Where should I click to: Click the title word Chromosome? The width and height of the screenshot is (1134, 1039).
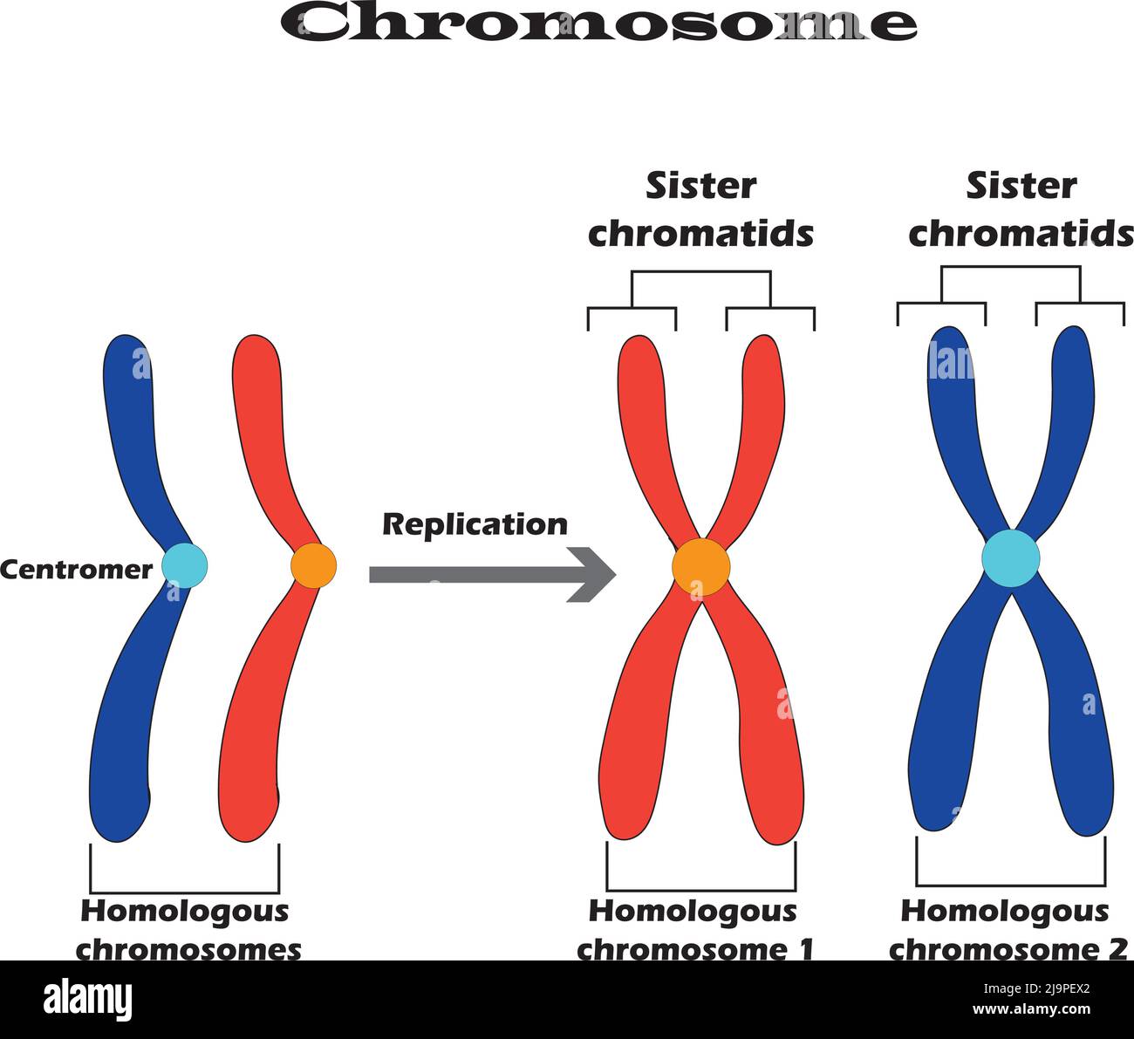[x=598, y=23]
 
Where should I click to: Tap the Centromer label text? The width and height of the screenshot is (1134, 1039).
[x=76, y=570]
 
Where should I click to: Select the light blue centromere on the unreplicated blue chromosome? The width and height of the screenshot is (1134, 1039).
[x=185, y=565]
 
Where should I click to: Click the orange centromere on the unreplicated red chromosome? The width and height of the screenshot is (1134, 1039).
[x=313, y=565]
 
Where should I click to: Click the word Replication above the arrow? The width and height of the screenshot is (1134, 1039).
[x=475, y=524]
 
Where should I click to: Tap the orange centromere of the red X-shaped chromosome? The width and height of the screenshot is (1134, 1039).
[x=700, y=567]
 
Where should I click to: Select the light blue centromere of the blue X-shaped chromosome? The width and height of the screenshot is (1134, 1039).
[x=1011, y=558]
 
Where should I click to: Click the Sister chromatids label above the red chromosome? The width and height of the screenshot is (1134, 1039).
[x=700, y=210]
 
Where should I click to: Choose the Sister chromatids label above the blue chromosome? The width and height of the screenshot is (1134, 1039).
[x=1021, y=210]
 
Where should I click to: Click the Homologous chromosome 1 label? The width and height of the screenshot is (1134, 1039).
[x=694, y=930]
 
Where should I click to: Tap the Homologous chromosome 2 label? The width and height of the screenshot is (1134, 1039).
[x=1008, y=930]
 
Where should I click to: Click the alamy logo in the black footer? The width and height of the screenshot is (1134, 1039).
[x=87, y=998]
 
